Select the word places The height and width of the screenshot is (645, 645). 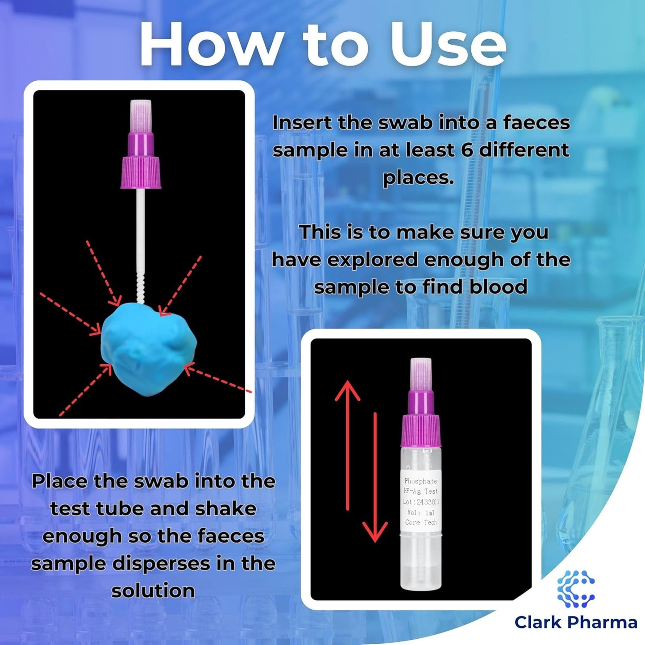point(418,177)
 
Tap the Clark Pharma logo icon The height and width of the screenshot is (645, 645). point(576,589)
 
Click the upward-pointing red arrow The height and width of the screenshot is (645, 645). point(348,445)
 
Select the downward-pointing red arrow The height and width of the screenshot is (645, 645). point(375,477)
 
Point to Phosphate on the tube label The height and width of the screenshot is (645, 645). point(421,481)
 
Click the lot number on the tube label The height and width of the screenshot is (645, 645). point(421,502)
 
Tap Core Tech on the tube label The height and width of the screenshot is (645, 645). point(421,522)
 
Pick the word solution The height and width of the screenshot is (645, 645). point(153,591)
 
